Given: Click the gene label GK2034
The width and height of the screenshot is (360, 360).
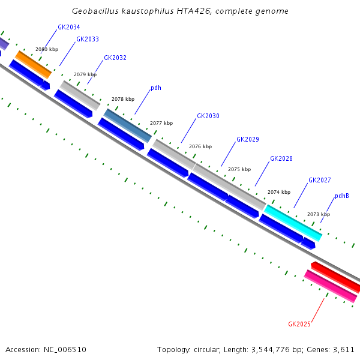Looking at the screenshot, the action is click(x=69, y=28).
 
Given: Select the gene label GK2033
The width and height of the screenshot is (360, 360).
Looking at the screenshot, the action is click(x=88, y=40).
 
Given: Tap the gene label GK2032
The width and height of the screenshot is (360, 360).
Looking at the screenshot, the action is click(x=115, y=58).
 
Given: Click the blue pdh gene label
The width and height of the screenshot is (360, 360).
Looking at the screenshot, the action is click(x=155, y=88).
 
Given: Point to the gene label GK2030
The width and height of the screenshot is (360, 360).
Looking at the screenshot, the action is click(x=208, y=116).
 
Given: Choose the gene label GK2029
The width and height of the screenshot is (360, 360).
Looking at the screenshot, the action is click(x=248, y=139).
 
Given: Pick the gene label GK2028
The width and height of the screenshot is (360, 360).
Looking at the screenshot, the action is click(x=281, y=158).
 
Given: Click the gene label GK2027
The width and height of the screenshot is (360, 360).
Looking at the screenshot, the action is click(x=320, y=180).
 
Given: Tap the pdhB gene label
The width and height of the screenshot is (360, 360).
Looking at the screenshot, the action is click(x=342, y=196).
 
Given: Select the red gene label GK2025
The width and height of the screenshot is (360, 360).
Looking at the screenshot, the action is click(x=299, y=324).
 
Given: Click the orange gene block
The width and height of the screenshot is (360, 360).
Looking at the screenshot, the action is click(x=34, y=64).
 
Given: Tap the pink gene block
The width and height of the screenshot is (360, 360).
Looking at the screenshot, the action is click(x=331, y=286).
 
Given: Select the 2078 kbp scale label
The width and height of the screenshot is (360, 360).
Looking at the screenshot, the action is click(x=123, y=99).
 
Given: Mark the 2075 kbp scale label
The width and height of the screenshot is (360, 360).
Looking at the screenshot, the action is click(x=239, y=169).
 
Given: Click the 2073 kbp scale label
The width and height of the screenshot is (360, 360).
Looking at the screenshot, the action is click(x=319, y=214).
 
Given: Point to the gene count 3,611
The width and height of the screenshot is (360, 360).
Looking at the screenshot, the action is click(x=344, y=349).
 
